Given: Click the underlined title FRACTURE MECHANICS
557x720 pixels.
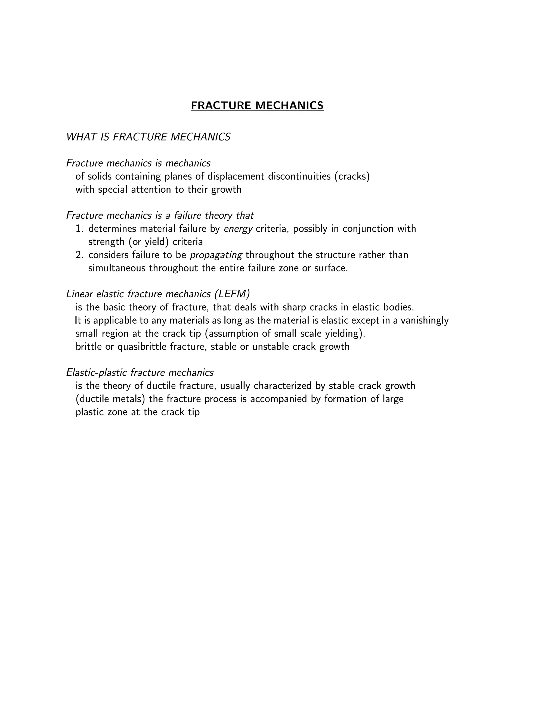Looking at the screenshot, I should coord(257,105).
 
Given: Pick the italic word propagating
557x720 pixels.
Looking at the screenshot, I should coord(216,255).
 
